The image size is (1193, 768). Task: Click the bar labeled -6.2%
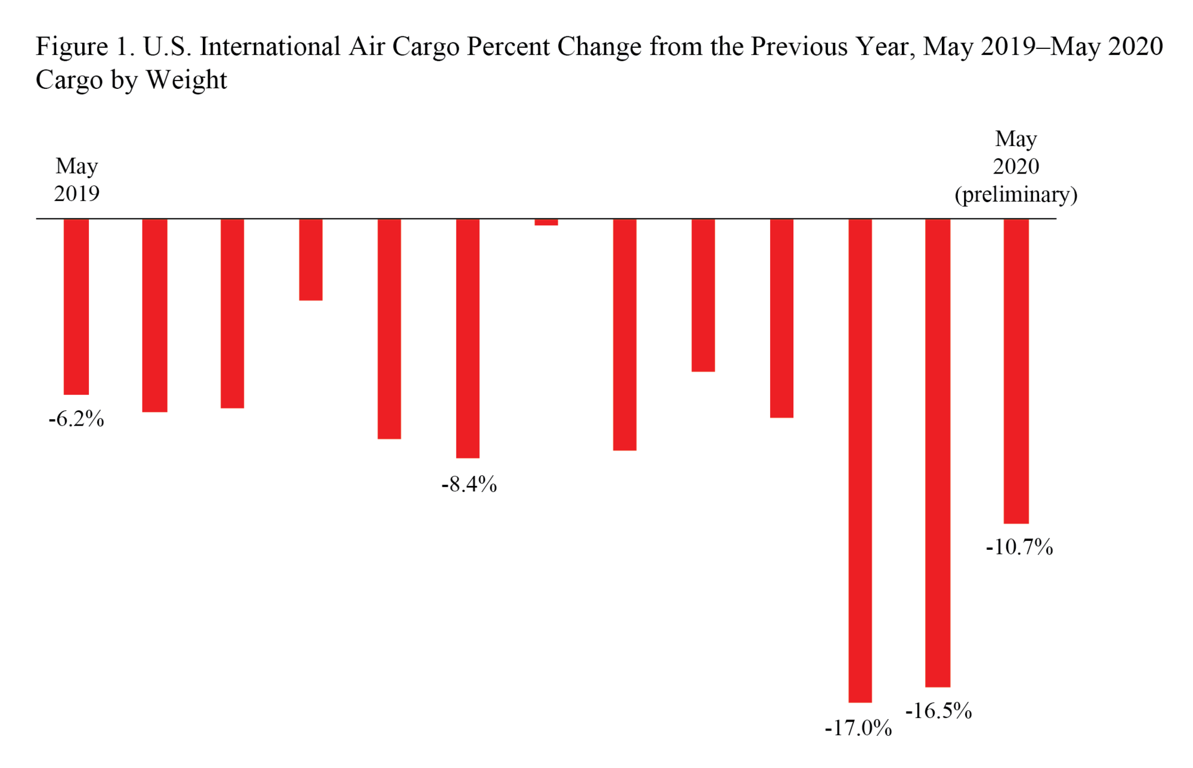76,306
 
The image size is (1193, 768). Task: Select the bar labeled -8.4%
468,338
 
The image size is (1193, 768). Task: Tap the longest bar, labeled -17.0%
860,460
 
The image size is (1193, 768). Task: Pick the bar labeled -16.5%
937,453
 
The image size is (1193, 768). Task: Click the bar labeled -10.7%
1016,371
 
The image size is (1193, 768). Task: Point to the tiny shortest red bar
546,222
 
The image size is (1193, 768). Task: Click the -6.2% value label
76,419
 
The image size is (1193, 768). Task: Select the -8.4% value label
469,484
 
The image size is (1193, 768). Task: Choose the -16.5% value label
938,711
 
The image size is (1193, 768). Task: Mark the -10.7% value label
1019,547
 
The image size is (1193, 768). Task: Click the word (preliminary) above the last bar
1016,194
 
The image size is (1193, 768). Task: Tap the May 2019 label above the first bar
76,179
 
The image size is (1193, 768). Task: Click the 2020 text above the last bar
1016,166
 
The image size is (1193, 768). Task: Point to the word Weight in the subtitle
187,80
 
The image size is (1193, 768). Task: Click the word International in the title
270,47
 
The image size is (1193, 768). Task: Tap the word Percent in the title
508,47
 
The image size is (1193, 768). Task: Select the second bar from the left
154,315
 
